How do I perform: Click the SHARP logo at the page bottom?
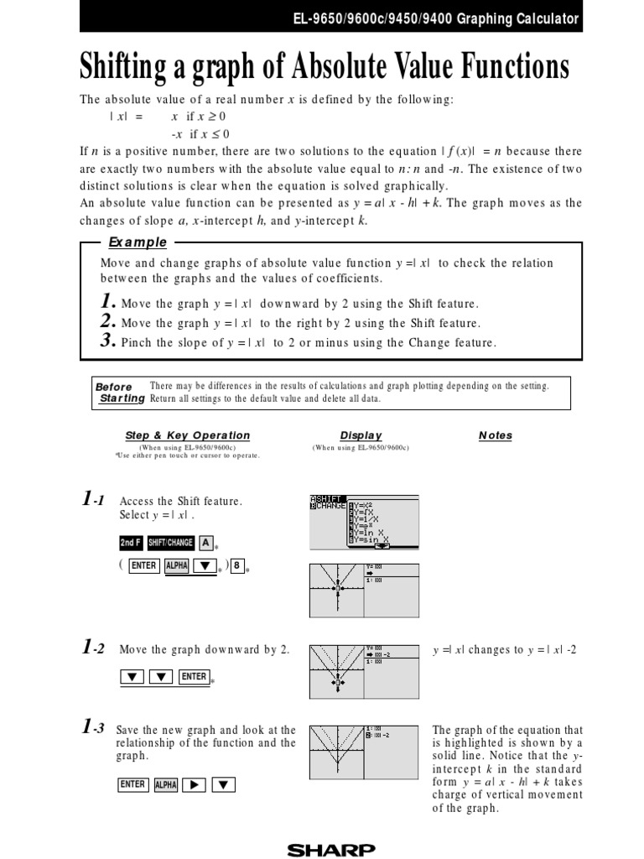[x=331, y=850]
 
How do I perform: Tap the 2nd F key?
[x=131, y=543]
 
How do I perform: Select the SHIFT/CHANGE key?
[x=171, y=543]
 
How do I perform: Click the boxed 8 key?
[x=238, y=565]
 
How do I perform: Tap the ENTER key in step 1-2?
[x=194, y=677]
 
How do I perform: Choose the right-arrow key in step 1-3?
[x=194, y=785]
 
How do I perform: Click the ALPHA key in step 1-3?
[x=165, y=785]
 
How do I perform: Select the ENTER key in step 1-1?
[x=143, y=565]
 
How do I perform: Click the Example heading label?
[x=138, y=242]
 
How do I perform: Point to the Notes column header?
[x=495, y=435]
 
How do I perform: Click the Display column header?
[x=361, y=435]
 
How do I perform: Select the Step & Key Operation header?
[x=187, y=435]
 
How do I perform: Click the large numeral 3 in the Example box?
[x=106, y=341]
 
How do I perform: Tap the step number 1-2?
[x=93, y=648]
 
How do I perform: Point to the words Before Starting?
[x=119, y=393]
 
